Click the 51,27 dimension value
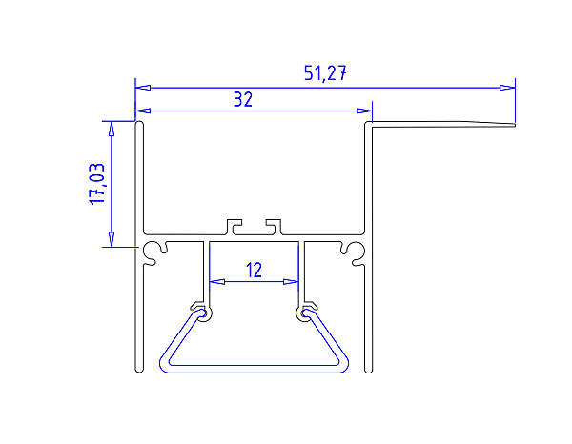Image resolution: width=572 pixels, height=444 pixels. pos(325,74)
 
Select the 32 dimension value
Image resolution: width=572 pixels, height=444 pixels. pos(243,99)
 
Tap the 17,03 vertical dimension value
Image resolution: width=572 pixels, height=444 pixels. pos(97,183)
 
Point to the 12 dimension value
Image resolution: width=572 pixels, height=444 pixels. pos(254,270)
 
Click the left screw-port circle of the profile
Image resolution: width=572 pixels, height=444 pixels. pos(153,252)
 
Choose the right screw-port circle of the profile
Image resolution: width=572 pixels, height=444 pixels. pos(356,252)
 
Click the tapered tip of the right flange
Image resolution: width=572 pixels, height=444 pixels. pos(512,124)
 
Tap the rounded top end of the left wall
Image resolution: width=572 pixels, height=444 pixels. pos(138,124)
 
